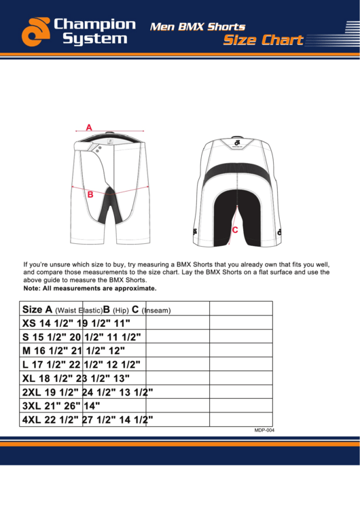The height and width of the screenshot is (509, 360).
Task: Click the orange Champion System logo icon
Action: pyautogui.click(x=35, y=33)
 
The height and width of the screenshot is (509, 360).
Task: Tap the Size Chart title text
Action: pyautogui.click(x=264, y=40)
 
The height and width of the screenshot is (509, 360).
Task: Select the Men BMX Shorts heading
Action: pyautogui.click(x=197, y=27)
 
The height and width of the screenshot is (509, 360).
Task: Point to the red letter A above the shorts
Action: pyautogui.click(x=89, y=126)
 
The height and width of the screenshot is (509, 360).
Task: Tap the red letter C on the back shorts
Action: pyautogui.click(x=234, y=230)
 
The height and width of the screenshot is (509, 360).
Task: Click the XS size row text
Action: pyautogui.click(x=75, y=323)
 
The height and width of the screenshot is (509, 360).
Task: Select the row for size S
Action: pyautogui.click(x=81, y=336)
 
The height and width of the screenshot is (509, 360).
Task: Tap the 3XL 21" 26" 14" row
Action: pyautogui.click(x=62, y=406)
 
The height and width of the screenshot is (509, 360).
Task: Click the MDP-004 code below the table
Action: pyautogui.click(x=264, y=430)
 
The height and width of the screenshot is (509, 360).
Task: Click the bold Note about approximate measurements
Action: pyautogui.click(x=85, y=288)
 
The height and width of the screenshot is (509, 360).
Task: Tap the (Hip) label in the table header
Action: pyautogui.click(x=121, y=311)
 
